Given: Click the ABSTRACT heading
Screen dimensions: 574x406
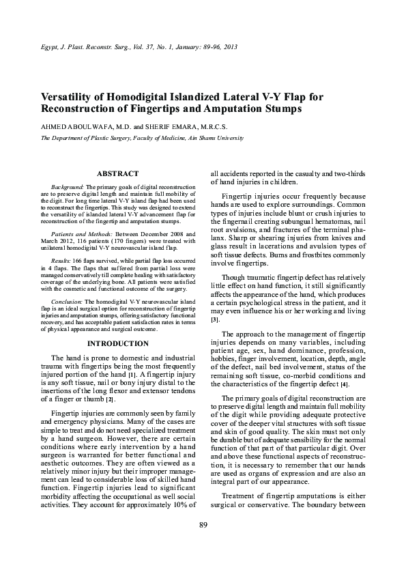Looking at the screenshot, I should [118, 174].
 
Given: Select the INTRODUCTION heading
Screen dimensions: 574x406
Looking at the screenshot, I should [118, 343].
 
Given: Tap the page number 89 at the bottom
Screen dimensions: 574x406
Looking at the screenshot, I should [203, 543].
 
